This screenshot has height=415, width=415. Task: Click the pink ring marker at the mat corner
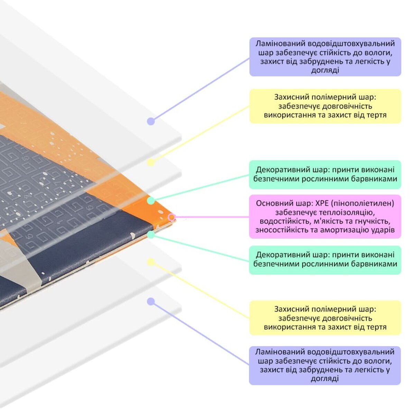pos(172,217)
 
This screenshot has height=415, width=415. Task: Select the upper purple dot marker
pos(150,121)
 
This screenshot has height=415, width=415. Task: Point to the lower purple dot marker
pos(150,302)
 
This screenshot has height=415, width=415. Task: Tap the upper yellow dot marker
pos(151,162)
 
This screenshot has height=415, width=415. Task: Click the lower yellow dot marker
pos(151,262)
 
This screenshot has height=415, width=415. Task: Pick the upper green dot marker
pos(151,201)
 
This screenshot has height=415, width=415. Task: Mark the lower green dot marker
pos(151,235)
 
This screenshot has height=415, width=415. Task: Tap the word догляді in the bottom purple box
pos(324,378)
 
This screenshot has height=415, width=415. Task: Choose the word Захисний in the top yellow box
pos(291,97)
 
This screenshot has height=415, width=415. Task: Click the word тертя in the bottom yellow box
pos(376,327)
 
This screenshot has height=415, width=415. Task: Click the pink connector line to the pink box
pos(211,217)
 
